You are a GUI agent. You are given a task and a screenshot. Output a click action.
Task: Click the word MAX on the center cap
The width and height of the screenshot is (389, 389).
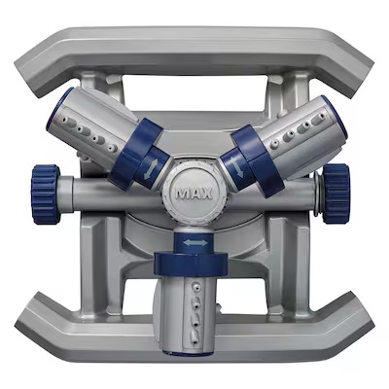click(194, 194)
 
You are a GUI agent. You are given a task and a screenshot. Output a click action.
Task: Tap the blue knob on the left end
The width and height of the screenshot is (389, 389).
click(46, 194)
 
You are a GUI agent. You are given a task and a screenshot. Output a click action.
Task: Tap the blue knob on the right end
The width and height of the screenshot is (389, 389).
click(336, 194)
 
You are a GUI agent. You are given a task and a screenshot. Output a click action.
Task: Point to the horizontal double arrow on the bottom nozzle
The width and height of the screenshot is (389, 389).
click(194, 242)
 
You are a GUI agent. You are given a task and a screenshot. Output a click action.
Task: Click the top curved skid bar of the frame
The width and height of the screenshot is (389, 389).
click(194, 52)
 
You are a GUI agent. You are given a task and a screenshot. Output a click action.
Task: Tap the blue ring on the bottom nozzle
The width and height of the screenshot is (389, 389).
click(191, 263)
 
